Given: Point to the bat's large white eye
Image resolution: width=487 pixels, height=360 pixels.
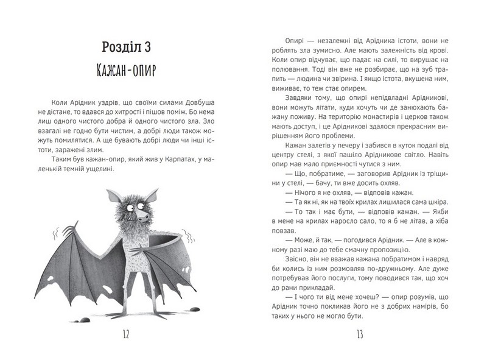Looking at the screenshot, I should (138, 207).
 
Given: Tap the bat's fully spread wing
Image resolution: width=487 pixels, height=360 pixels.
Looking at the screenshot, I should (85, 262).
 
